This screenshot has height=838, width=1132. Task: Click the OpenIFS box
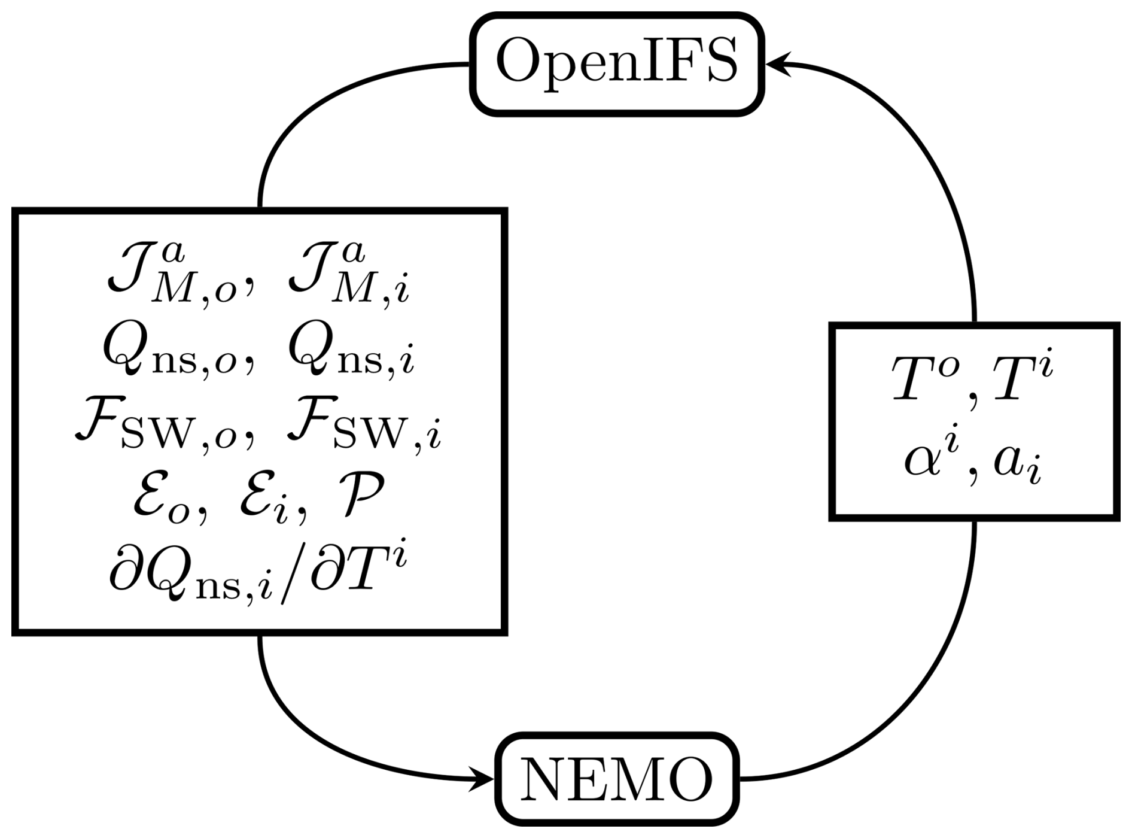[617, 63]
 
